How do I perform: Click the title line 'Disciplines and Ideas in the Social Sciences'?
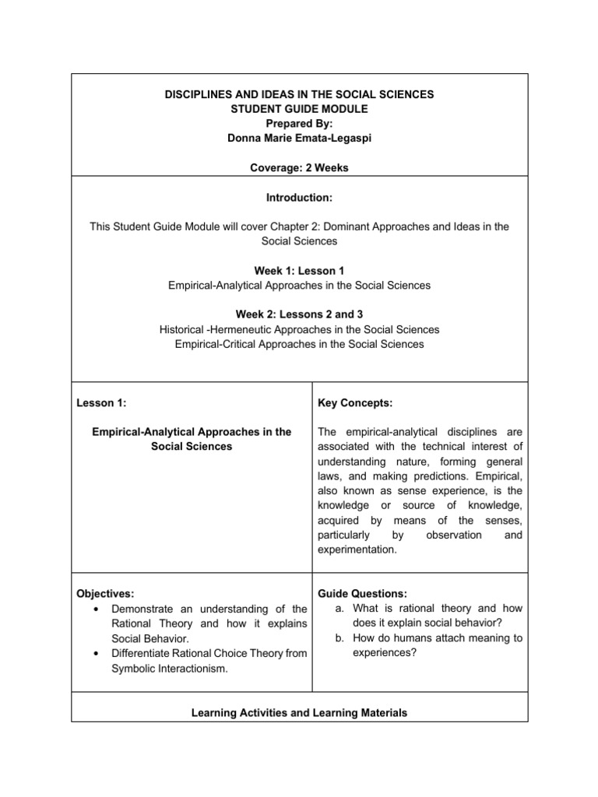[x=299, y=94]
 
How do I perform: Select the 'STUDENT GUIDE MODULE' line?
[x=299, y=108]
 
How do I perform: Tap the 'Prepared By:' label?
[x=299, y=123]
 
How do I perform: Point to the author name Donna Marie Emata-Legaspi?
[x=299, y=138]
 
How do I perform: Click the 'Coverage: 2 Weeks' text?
[x=299, y=167]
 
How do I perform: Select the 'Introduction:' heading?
[x=299, y=198]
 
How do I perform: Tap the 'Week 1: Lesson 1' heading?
[x=299, y=271]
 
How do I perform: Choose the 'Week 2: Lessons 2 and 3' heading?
[x=299, y=315]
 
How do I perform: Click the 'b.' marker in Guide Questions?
[x=340, y=638]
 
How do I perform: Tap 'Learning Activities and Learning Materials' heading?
[x=299, y=712]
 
